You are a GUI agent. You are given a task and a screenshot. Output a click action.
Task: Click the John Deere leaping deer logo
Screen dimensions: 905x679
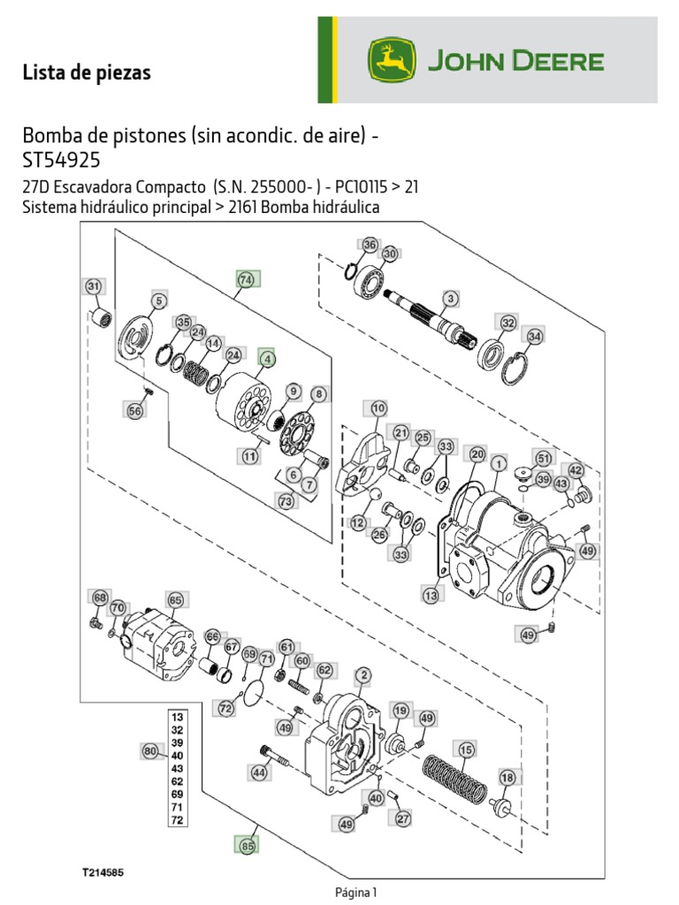point(392,60)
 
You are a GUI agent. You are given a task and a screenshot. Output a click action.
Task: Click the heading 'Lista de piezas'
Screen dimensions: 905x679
point(87,73)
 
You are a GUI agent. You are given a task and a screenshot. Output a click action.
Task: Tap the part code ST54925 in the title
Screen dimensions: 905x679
point(62,161)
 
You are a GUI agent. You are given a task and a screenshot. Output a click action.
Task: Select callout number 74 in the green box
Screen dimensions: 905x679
point(246,279)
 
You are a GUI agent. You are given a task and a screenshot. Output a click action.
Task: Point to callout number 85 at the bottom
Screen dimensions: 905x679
point(248,846)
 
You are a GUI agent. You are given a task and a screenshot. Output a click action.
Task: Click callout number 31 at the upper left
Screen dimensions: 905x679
point(94,286)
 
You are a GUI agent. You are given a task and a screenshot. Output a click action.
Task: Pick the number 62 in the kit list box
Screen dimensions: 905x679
point(177,781)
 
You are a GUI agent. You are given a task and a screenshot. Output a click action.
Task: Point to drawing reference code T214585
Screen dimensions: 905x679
point(103,871)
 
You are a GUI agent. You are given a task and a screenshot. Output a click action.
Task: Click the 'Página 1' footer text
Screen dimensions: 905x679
point(355,893)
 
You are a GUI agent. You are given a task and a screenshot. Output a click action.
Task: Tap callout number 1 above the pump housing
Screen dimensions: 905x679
point(499,462)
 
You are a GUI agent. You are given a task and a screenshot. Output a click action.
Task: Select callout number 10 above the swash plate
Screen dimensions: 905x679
point(378,408)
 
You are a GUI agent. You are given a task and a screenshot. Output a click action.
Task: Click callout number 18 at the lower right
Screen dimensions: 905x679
point(507,777)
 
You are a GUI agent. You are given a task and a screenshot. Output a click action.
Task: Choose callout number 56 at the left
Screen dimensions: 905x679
point(134,410)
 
